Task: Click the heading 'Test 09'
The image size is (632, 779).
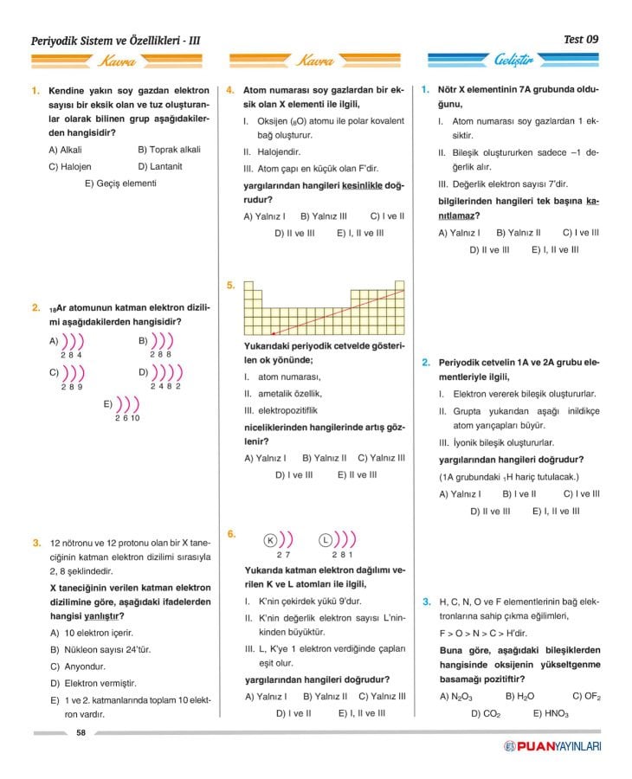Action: pyautogui.click(x=580, y=39)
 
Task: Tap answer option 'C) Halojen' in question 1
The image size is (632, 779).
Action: pyautogui.click(x=70, y=166)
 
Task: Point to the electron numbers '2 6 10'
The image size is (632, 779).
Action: pyautogui.click(x=126, y=418)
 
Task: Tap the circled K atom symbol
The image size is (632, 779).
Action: pyautogui.click(x=268, y=539)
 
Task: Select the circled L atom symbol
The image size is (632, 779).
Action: pyautogui.click(x=326, y=539)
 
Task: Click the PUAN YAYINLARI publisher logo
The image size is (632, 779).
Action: pyautogui.click(x=553, y=746)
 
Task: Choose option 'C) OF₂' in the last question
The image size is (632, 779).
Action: pyautogui.click(x=586, y=696)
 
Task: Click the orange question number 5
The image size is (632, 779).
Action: pyautogui.click(x=230, y=285)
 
